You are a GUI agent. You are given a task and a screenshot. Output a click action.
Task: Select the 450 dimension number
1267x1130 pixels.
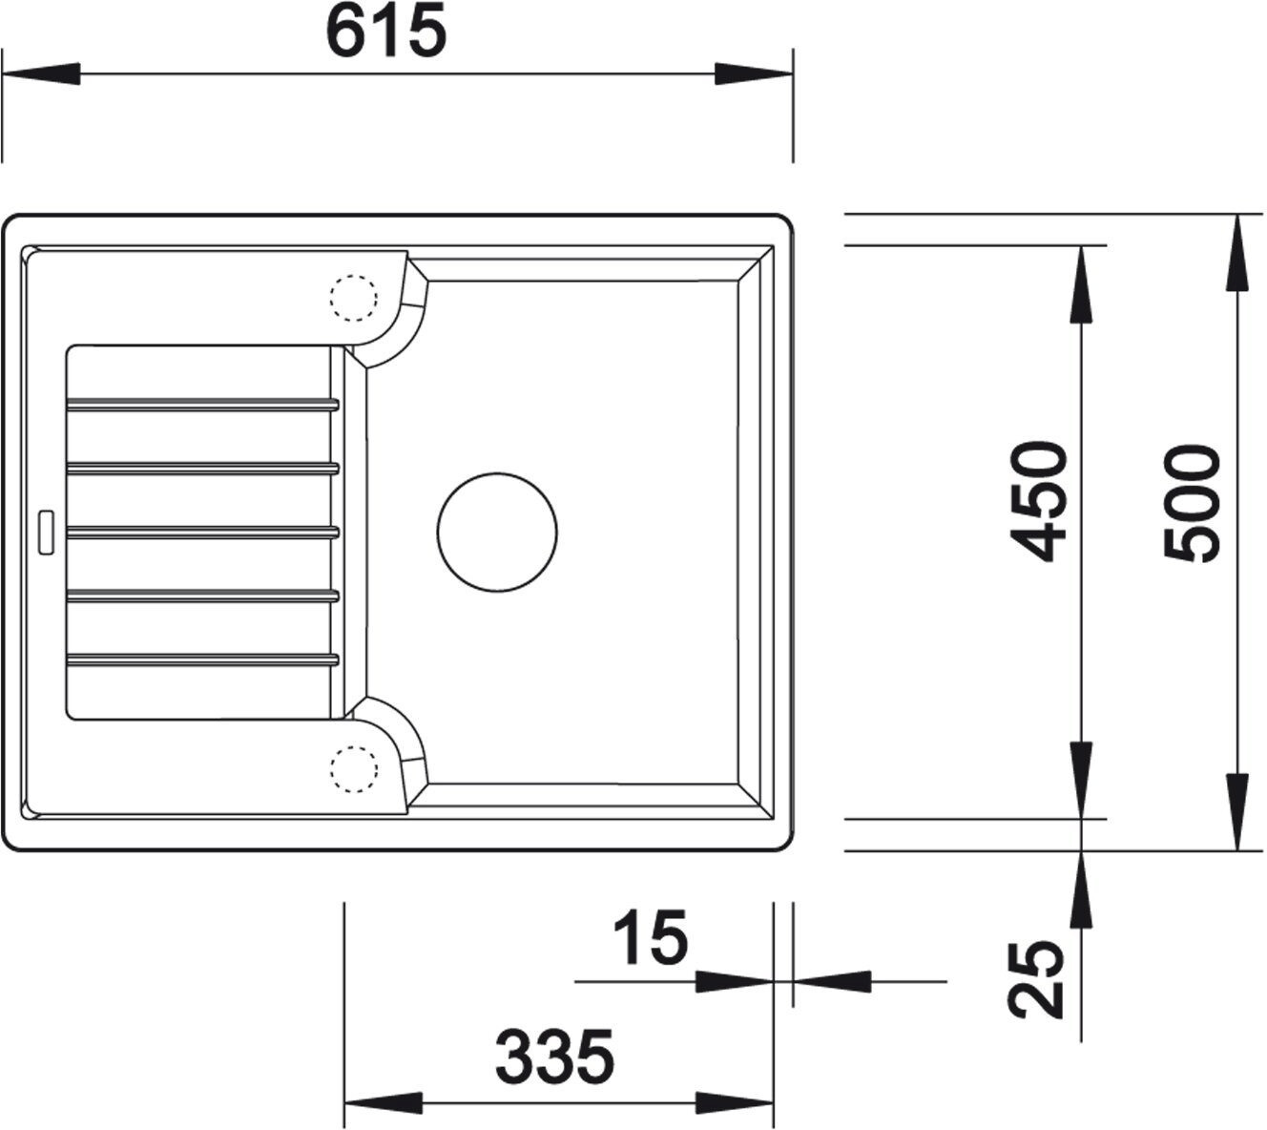[1039, 501]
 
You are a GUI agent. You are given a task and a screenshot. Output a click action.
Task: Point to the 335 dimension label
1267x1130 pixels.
[554, 1057]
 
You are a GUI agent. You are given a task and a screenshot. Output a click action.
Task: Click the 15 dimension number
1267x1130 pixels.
[651, 938]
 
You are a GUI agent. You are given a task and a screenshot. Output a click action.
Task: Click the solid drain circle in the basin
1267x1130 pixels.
[497, 532]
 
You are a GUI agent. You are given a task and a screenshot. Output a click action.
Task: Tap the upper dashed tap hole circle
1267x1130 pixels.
[354, 298]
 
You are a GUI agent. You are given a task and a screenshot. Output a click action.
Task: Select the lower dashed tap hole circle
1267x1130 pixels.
[354, 769]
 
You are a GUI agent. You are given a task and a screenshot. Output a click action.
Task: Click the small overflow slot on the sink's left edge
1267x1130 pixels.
[47, 533]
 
